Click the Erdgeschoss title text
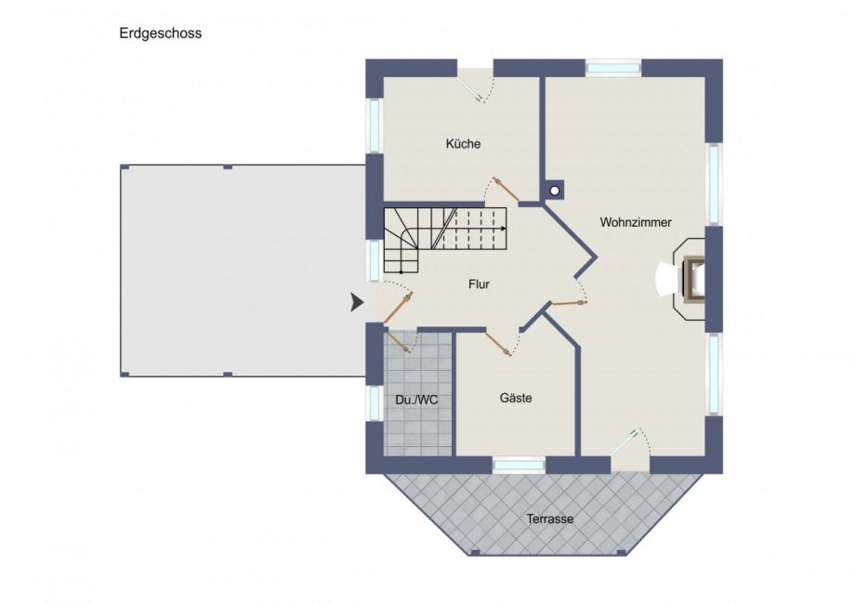(x=160, y=33)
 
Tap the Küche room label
(x=463, y=144)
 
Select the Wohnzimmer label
(x=636, y=222)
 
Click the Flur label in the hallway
(x=479, y=285)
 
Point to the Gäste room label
(x=516, y=398)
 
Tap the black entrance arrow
(x=357, y=302)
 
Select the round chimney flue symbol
(x=555, y=191)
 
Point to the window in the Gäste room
(x=519, y=464)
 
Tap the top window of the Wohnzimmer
(x=613, y=68)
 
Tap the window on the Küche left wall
(x=375, y=125)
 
